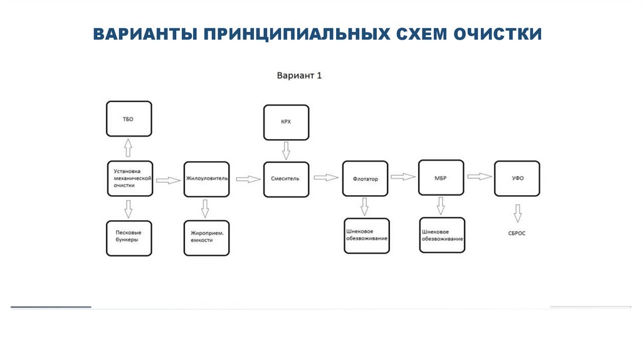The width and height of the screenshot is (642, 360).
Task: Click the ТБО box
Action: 129,119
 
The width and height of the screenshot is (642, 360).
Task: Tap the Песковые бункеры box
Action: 129,238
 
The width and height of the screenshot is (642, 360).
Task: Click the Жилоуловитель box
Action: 206,179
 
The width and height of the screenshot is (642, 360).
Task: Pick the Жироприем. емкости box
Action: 206,238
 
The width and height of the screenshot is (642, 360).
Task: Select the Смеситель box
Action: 286,179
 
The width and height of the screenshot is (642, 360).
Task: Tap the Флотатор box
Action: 365,179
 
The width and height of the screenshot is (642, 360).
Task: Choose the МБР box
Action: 440,178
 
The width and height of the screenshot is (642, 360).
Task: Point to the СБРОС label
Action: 517,233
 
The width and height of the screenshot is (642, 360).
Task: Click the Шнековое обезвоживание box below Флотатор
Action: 367,235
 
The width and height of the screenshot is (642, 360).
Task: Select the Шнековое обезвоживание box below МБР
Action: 442,235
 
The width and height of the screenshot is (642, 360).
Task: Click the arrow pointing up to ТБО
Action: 129,148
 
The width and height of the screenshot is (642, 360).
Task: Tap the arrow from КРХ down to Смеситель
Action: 286,150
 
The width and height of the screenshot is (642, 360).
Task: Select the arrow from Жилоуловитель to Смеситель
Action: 249,179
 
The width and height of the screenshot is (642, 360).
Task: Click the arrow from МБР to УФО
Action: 480,177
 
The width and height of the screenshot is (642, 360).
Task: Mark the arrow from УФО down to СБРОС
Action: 517,213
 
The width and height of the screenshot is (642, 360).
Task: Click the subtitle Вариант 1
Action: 300,76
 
